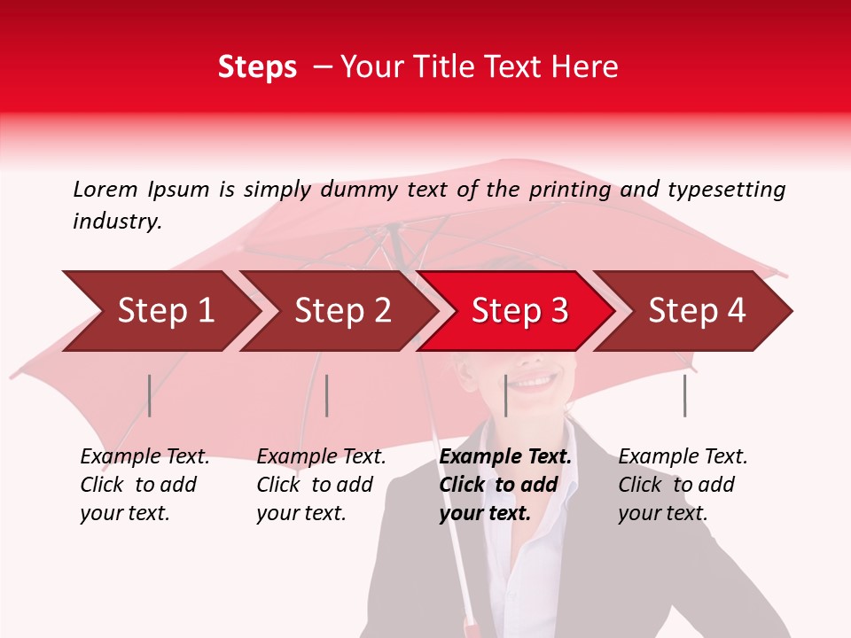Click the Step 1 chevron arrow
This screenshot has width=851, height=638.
(164, 311)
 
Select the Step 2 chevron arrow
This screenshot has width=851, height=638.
(341, 311)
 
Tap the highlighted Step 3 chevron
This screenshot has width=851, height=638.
(519, 311)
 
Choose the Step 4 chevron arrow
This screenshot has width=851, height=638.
(696, 311)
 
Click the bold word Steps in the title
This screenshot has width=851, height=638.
(257, 67)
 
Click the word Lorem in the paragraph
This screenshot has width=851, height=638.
(105, 190)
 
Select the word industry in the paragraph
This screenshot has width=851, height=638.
(117, 222)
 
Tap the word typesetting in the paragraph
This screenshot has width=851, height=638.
(726, 190)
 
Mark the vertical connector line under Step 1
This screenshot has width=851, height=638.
(150, 395)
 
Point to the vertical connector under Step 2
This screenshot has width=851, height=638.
(327, 395)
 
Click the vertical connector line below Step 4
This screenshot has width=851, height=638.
(684, 395)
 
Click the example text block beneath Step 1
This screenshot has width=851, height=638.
(144, 485)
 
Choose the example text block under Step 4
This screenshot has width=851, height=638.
(682, 485)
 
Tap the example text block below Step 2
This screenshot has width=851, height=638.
(321, 485)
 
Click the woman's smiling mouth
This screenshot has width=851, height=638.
(535, 382)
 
